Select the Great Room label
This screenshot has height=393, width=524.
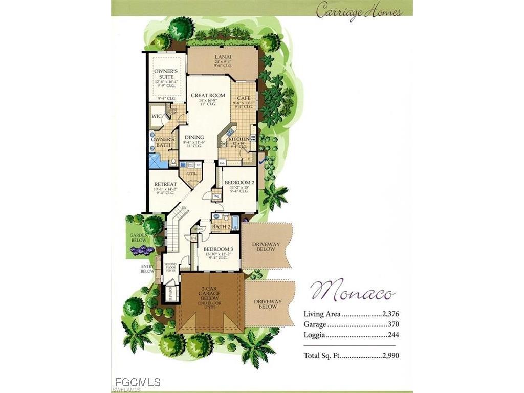click(208, 95)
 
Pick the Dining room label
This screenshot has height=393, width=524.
click(194, 137)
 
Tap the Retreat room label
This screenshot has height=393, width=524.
click(165, 184)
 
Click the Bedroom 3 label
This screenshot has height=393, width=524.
click(219, 249)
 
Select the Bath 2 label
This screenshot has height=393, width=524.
click(220, 226)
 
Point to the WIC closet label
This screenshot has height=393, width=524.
click(156, 116)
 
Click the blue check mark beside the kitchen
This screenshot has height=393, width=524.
click(262, 161)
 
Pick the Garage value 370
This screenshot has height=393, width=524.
click(393, 324)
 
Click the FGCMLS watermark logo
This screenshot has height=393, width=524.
click(138, 382)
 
